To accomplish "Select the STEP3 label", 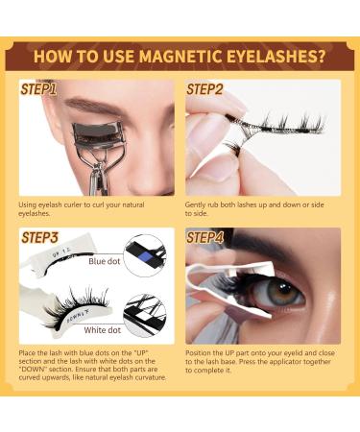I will click(x=38, y=236).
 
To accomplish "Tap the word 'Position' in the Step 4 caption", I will click(x=199, y=353).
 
